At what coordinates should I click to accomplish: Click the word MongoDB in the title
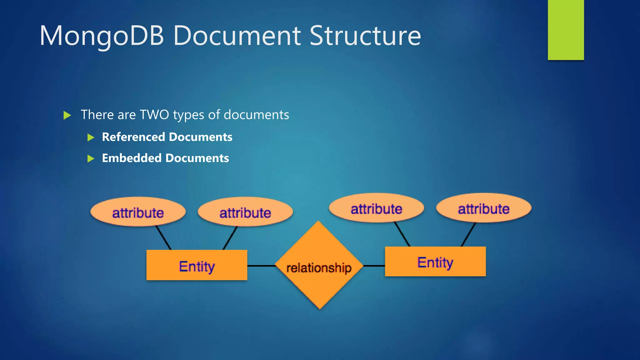[102, 36]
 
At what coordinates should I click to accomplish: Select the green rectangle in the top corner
[566, 30]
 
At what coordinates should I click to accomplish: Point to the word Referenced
[133, 137]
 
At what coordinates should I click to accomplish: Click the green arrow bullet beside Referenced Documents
[91, 137]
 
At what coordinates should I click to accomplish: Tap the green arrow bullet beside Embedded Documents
[91, 158]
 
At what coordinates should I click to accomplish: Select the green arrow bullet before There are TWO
[67, 115]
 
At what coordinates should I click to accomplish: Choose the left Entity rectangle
[197, 265]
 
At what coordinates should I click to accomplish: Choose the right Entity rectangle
[435, 262]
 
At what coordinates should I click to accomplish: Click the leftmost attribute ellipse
[138, 212]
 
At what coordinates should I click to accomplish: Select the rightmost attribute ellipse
[483, 208]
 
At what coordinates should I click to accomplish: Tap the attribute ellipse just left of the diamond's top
[245, 212]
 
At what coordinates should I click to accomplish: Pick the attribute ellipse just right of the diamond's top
[376, 208]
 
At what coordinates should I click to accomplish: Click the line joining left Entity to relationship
[261, 266]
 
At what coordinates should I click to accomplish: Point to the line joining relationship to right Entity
[374, 266]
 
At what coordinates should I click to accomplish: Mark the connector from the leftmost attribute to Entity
[163, 237]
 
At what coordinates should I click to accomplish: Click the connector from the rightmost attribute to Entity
[468, 234]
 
